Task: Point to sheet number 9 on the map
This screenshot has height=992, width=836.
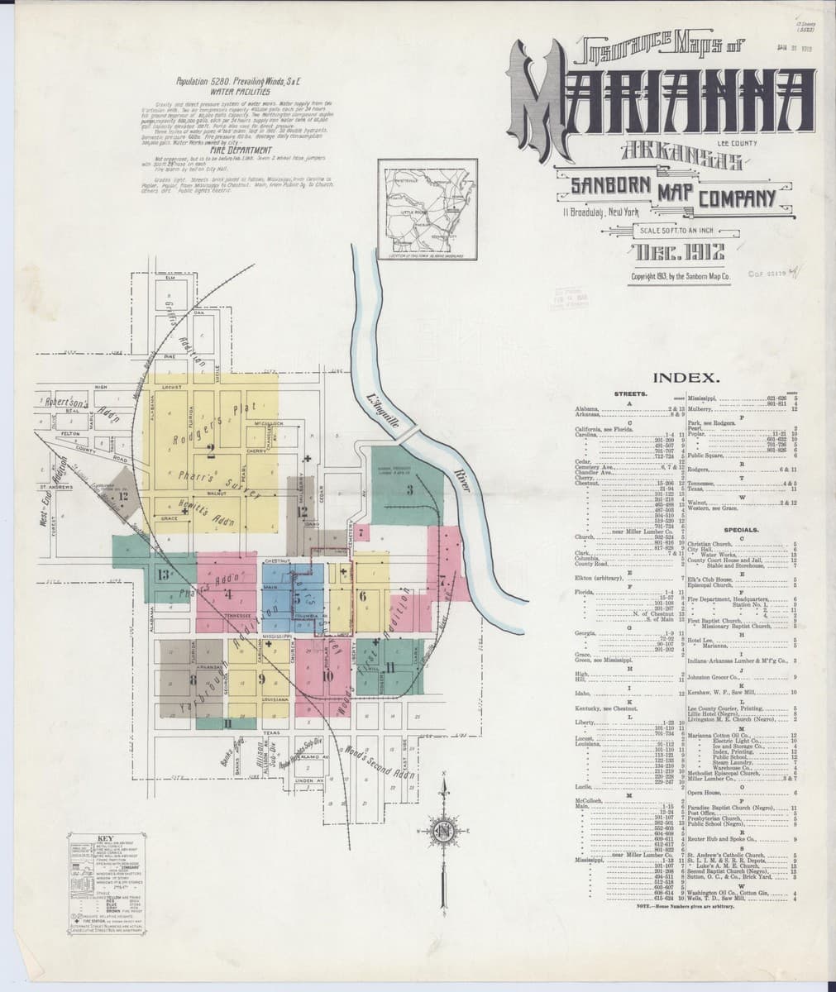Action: pyautogui.click(x=261, y=679)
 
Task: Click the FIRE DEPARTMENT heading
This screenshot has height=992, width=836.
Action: pyautogui.click(x=217, y=150)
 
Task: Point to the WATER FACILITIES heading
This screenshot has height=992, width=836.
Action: pyautogui.click(x=218, y=92)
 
